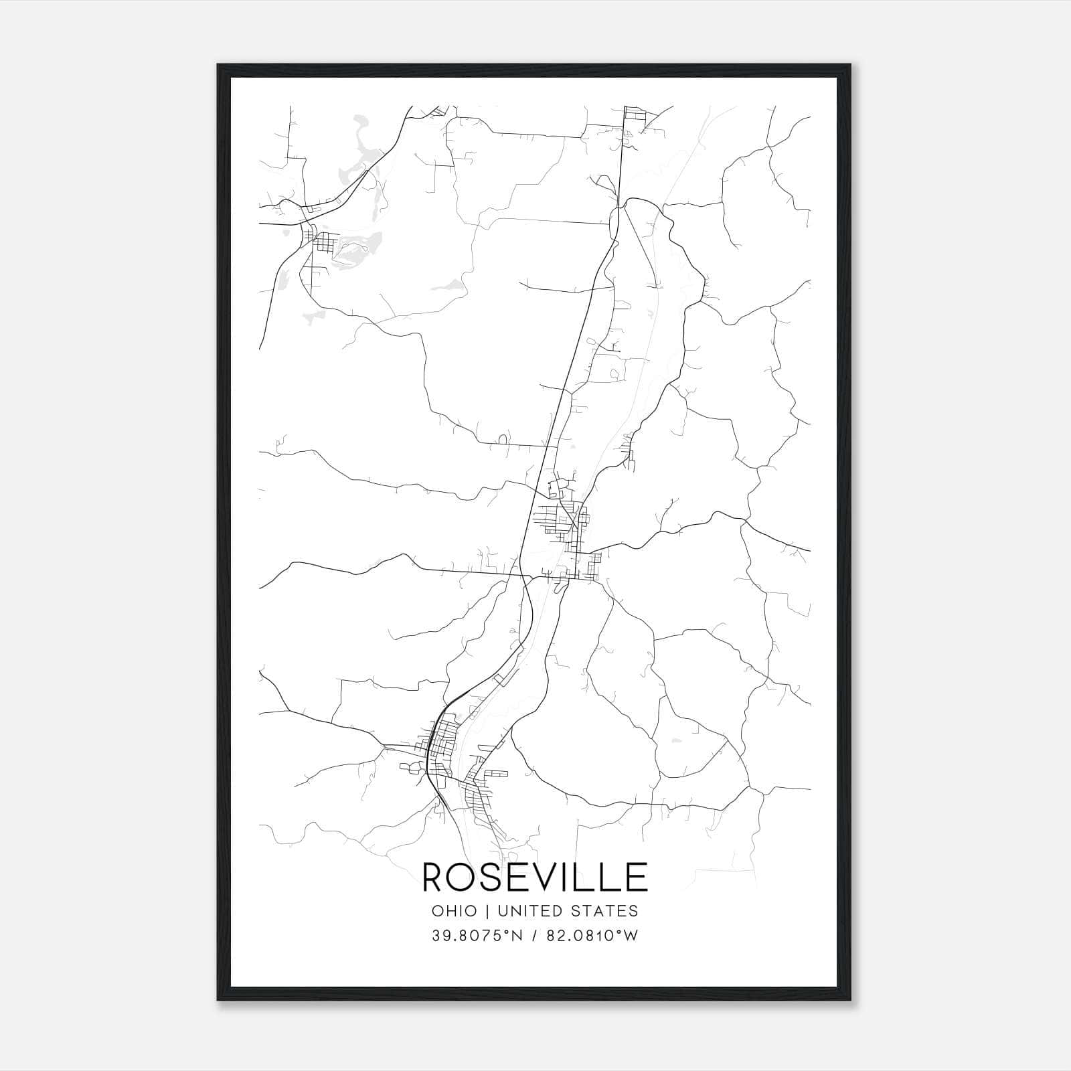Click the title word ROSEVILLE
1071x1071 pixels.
click(535, 878)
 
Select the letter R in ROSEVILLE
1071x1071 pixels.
click(436, 878)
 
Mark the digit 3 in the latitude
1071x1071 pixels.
click(436, 936)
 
